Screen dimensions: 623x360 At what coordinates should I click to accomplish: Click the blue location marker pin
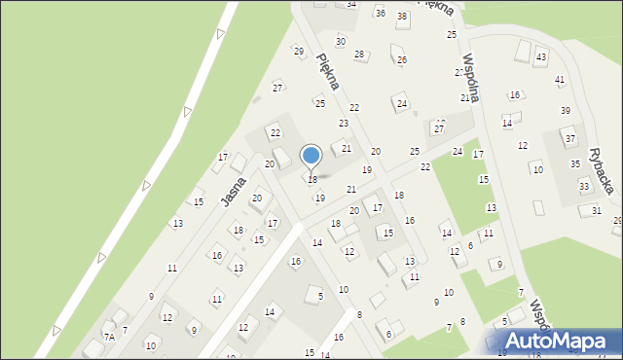[311, 157]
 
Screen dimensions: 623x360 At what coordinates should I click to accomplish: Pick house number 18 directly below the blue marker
[311, 179]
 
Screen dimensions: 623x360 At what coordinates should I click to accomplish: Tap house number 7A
[110, 337]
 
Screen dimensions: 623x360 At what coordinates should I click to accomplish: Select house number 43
[540, 57]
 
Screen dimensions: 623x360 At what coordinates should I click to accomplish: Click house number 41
[560, 79]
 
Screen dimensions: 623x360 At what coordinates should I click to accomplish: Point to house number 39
[566, 110]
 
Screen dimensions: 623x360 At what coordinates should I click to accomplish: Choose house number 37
[570, 139]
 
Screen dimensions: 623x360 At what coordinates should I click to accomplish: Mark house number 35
[575, 163]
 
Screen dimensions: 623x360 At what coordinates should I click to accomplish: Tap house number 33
[584, 186]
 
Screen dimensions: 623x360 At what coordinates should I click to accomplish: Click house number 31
[597, 210]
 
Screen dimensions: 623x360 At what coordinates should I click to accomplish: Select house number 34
[351, 5]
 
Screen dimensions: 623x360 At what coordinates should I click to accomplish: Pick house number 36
[380, 13]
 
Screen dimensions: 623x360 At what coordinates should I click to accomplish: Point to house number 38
[401, 18]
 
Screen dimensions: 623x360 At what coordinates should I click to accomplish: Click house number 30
[341, 41]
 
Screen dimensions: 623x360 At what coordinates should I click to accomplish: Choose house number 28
[359, 54]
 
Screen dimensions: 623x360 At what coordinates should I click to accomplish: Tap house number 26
[401, 59]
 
